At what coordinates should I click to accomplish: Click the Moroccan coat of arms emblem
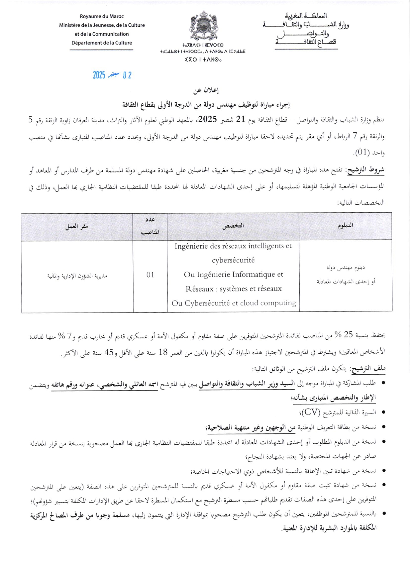[x=202, y=26]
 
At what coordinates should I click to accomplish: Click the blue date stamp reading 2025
[x=112, y=75]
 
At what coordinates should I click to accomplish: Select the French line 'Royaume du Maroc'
[x=102, y=16]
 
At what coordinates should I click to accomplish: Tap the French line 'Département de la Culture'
[x=102, y=43]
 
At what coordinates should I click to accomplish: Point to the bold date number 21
[x=241, y=119]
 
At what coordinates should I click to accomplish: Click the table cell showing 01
[x=150, y=275]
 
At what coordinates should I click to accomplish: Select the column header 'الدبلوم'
[x=345, y=225]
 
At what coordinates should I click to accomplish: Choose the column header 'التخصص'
[x=233, y=225]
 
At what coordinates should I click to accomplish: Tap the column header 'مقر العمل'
[x=77, y=226]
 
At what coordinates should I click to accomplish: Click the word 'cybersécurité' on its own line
[x=233, y=260]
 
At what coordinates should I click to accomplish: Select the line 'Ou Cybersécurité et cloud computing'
[x=233, y=303]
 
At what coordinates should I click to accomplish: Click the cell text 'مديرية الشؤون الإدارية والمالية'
[x=77, y=276]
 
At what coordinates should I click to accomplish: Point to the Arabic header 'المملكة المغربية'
[x=306, y=16]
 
